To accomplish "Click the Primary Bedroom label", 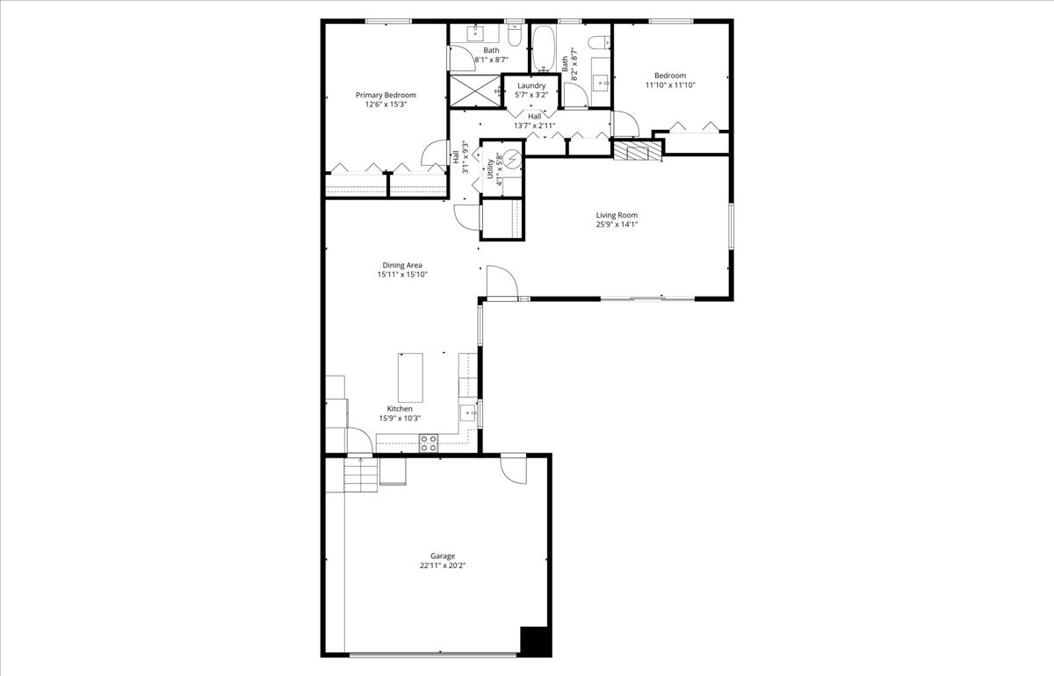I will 386,95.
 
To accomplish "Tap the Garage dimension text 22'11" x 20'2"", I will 442,566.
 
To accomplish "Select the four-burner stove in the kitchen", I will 429,443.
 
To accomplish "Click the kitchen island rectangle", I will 410,377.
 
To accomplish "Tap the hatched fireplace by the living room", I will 637,152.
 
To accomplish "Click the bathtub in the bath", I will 544,48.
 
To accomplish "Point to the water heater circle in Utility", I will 511,159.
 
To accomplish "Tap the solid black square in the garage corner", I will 535,641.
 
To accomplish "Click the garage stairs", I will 360,476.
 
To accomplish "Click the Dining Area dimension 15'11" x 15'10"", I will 403,275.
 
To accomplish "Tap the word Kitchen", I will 400,409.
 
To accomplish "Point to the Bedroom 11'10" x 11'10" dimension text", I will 670,85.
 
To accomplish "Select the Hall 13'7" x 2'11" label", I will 534,120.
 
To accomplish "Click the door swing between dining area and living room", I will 498,282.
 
